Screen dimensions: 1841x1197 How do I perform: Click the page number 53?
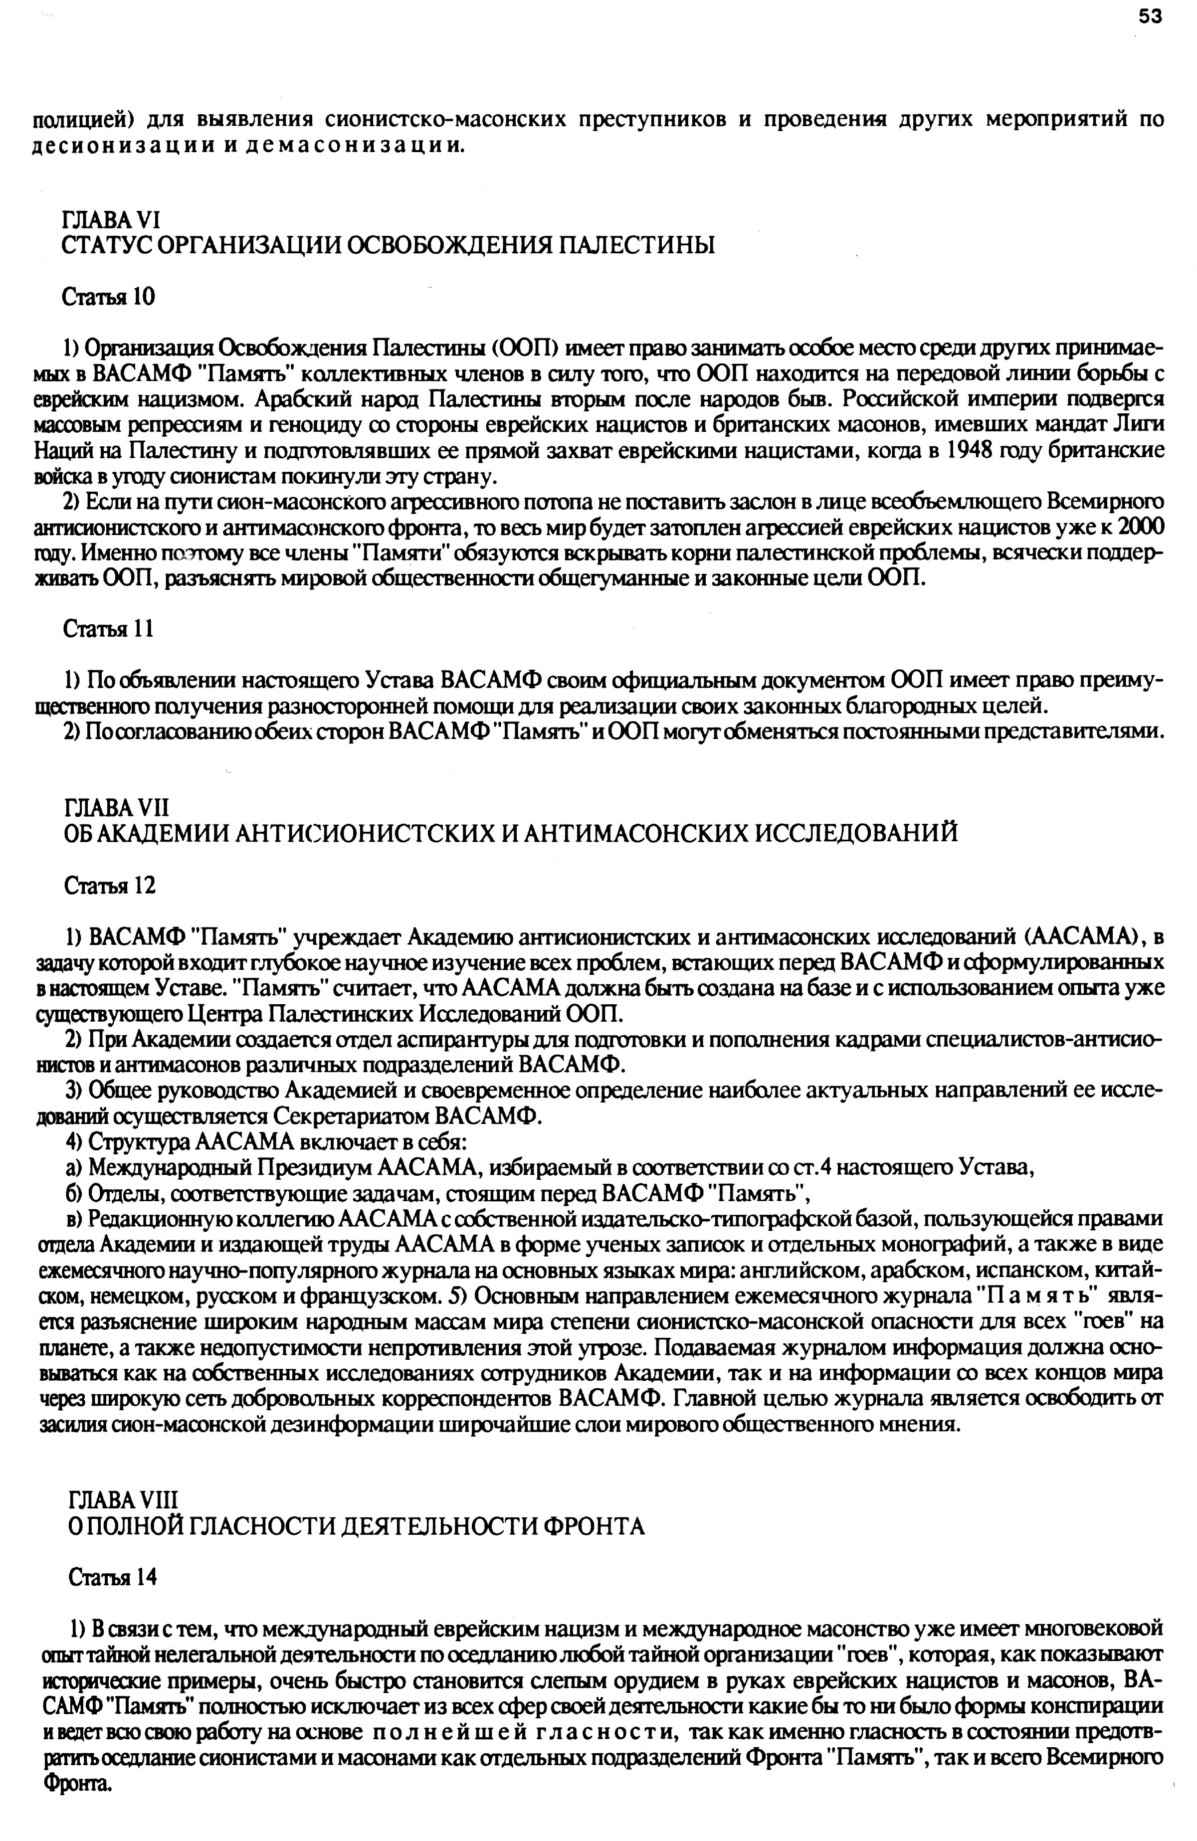click(1150, 17)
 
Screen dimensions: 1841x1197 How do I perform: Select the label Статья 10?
click(108, 297)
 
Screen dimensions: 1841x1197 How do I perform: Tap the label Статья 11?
click(108, 628)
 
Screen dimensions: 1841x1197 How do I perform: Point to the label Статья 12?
click(108, 884)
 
